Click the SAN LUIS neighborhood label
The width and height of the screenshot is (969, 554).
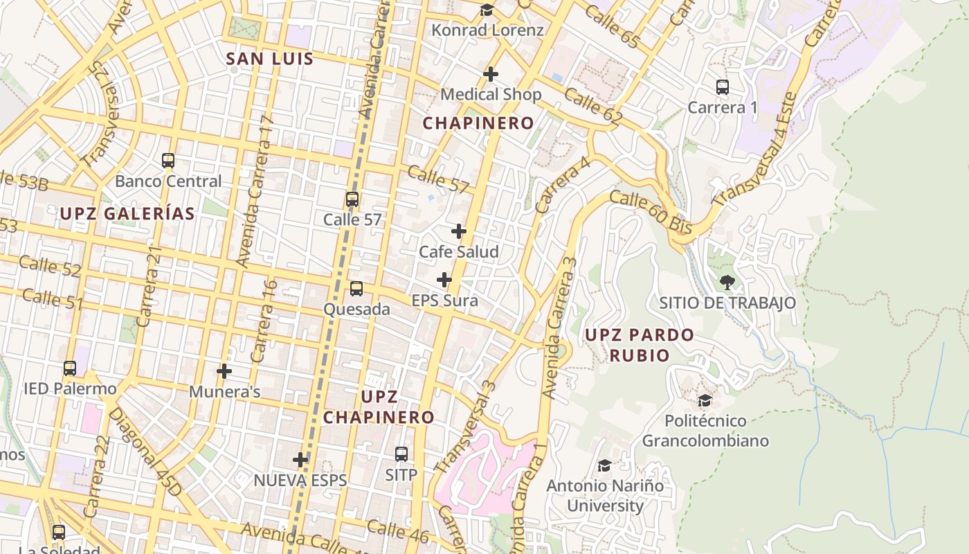point(270,59)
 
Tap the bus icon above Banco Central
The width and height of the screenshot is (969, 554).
point(168,161)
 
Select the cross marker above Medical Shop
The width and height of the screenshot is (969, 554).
point(491,73)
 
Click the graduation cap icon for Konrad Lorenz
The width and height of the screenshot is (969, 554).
point(487,10)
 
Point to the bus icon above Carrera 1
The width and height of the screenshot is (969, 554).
point(723,87)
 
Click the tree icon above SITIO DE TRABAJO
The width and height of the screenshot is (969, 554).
point(727,282)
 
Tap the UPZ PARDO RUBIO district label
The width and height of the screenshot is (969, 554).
point(639,345)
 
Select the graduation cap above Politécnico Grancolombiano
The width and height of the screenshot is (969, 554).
point(705,400)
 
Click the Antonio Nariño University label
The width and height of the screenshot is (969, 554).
point(605,496)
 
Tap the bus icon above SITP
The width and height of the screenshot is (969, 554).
point(401,454)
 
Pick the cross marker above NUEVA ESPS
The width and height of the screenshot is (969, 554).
point(300,459)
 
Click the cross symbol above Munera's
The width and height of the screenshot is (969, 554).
point(224,371)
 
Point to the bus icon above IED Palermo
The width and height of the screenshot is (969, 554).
point(70,368)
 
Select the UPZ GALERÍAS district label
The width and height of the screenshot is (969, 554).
point(127,214)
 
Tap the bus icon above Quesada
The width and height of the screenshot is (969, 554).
point(356,289)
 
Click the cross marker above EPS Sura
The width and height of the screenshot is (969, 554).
point(444,280)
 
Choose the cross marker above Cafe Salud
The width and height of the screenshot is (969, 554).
point(459,231)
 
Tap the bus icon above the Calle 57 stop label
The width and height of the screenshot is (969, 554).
point(352,199)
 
